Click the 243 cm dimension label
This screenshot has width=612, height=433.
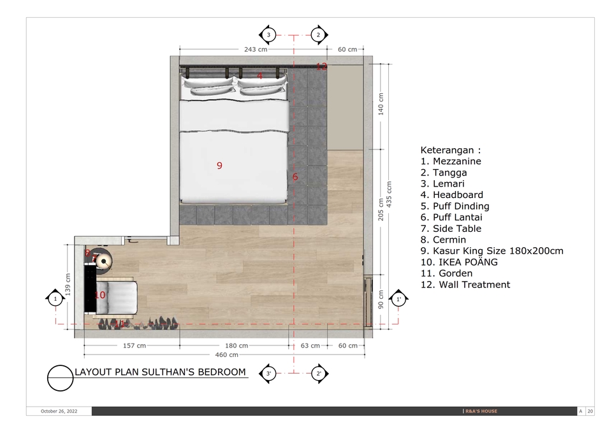[x=255, y=49]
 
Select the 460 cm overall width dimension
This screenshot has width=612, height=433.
[x=225, y=354]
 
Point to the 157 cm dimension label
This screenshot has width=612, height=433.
[x=133, y=346]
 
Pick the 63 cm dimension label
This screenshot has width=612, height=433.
[x=310, y=346]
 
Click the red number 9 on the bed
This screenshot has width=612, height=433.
[x=219, y=166]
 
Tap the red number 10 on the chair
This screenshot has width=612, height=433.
[x=99, y=295]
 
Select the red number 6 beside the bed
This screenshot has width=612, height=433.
[x=295, y=177]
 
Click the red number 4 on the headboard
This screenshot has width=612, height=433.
[x=260, y=77]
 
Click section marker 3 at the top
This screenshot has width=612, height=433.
[x=268, y=34]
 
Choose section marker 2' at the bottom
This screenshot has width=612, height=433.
[x=319, y=374]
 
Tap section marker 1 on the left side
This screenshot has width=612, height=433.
[x=55, y=298]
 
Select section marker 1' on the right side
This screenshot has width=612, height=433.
[x=399, y=298]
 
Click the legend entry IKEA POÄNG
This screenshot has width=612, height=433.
[x=459, y=262]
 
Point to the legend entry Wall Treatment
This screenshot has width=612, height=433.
[x=465, y=285]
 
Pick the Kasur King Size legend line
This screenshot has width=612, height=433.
[x=492, y=251]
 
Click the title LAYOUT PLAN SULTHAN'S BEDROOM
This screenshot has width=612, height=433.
[x=160, y=372]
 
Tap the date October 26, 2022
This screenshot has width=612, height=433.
[x=59, y=411]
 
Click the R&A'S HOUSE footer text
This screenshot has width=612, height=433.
[x=480, y=411]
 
